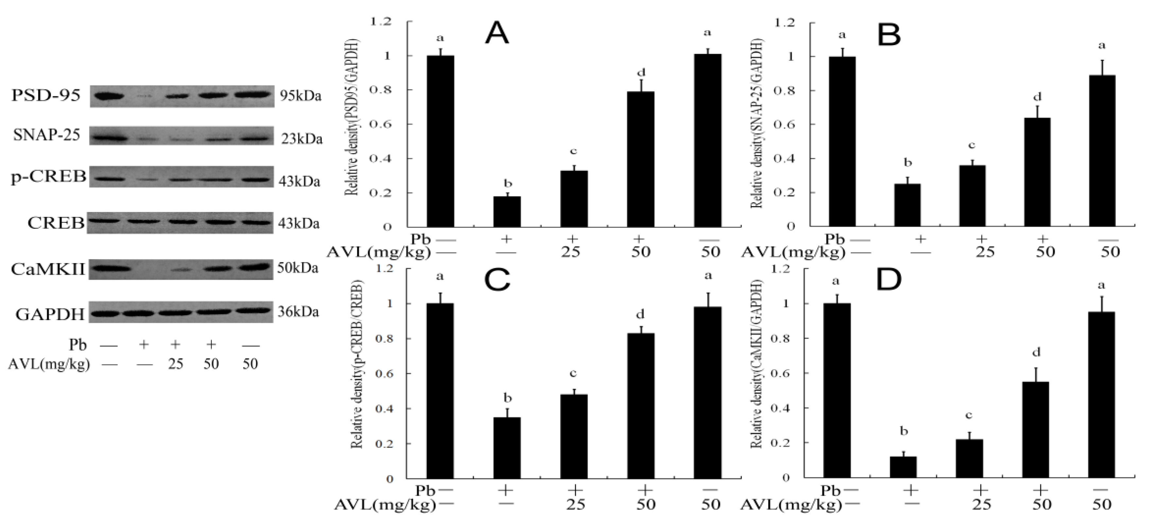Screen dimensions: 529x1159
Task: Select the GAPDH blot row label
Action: [50, 314]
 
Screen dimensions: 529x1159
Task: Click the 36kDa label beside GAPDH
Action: [298, 312]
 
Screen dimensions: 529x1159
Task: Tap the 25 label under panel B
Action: [984, 252]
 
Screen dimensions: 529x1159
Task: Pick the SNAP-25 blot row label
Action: [47, 135]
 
